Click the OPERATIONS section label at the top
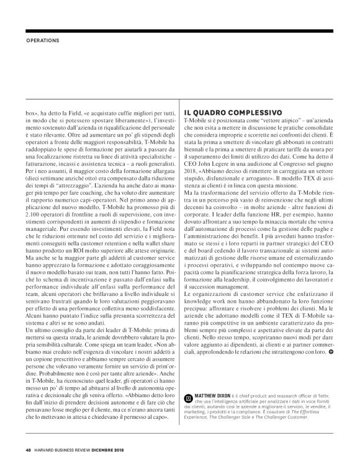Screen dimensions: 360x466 pyautogui.click(x=42, y=41)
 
